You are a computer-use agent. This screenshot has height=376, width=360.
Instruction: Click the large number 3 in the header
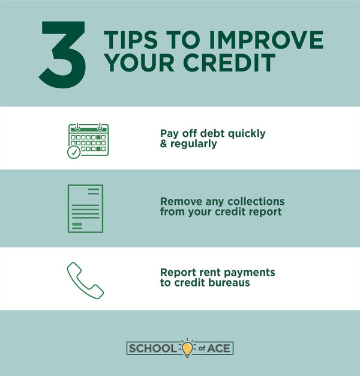[63, 55]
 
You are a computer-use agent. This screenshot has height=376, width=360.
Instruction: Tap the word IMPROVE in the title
[266, 40]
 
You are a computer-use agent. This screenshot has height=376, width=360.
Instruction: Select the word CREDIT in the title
[229, 62]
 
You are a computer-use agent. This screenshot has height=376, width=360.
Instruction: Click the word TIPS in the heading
[131, 40]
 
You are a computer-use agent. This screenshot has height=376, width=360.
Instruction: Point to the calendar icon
[88, 141]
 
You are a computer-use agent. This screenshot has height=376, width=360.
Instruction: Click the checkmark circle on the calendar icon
[74, 152]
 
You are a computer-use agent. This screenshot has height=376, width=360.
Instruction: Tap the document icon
[86, 208]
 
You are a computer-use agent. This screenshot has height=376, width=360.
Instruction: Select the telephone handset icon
[85, 280]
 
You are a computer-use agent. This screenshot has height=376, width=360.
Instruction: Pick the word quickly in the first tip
[247, 134]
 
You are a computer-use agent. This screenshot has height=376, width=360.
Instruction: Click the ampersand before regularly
[164, 144]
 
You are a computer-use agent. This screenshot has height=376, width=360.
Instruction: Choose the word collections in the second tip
[256, 201]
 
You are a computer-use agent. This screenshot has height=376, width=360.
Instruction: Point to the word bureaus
[229, 282]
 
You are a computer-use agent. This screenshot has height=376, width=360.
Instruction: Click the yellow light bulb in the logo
[187, 348]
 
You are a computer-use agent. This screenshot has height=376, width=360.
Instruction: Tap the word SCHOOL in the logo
[152, 348]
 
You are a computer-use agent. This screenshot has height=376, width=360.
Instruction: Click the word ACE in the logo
[218, 348]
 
